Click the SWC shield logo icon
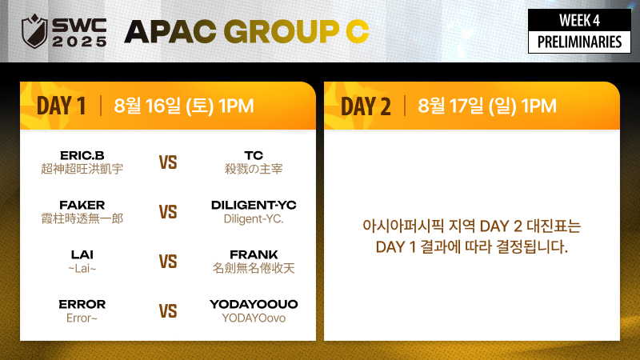34,31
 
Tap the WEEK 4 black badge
579,20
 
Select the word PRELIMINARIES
579,42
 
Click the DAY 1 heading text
62,106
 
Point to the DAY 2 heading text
366,106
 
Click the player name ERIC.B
82,155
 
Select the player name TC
254,155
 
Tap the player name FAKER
82,205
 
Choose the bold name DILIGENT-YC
254,205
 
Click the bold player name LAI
82,254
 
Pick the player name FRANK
254,254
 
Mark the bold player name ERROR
82,304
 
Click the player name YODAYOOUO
254,304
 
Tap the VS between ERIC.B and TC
168,162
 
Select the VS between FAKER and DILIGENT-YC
168,212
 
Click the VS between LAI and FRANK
168,262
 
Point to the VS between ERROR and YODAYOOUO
168,311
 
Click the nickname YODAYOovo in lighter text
254,318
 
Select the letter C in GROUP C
357,31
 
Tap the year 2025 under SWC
79,42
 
